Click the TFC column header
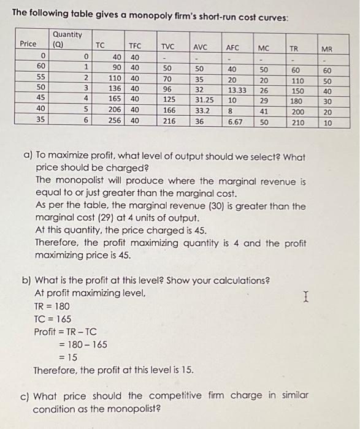pyautogui.click(x=135, y=46)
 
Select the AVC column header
pyautogui.click(x=200, y=47)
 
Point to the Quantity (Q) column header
pyautogui.click(x=67, y=39)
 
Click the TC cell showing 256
pyautogui.click(x=114, y=121)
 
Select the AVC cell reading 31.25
pyautogui.click(x=204, y=99)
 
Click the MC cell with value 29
pyautogui.click(x=263, y=99)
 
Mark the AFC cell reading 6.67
pyautogui.click(x=235, y=121)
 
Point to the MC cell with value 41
pyautogui.click(x=263, y=110)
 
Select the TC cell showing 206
pyautogui.click(x=114, y=110)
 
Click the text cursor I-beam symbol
pyautogui.click(x=305, y=298)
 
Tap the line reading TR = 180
pyautogui.click(x=52, y=306)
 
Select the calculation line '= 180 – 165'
pyautogui.click(x=82, y=344)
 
